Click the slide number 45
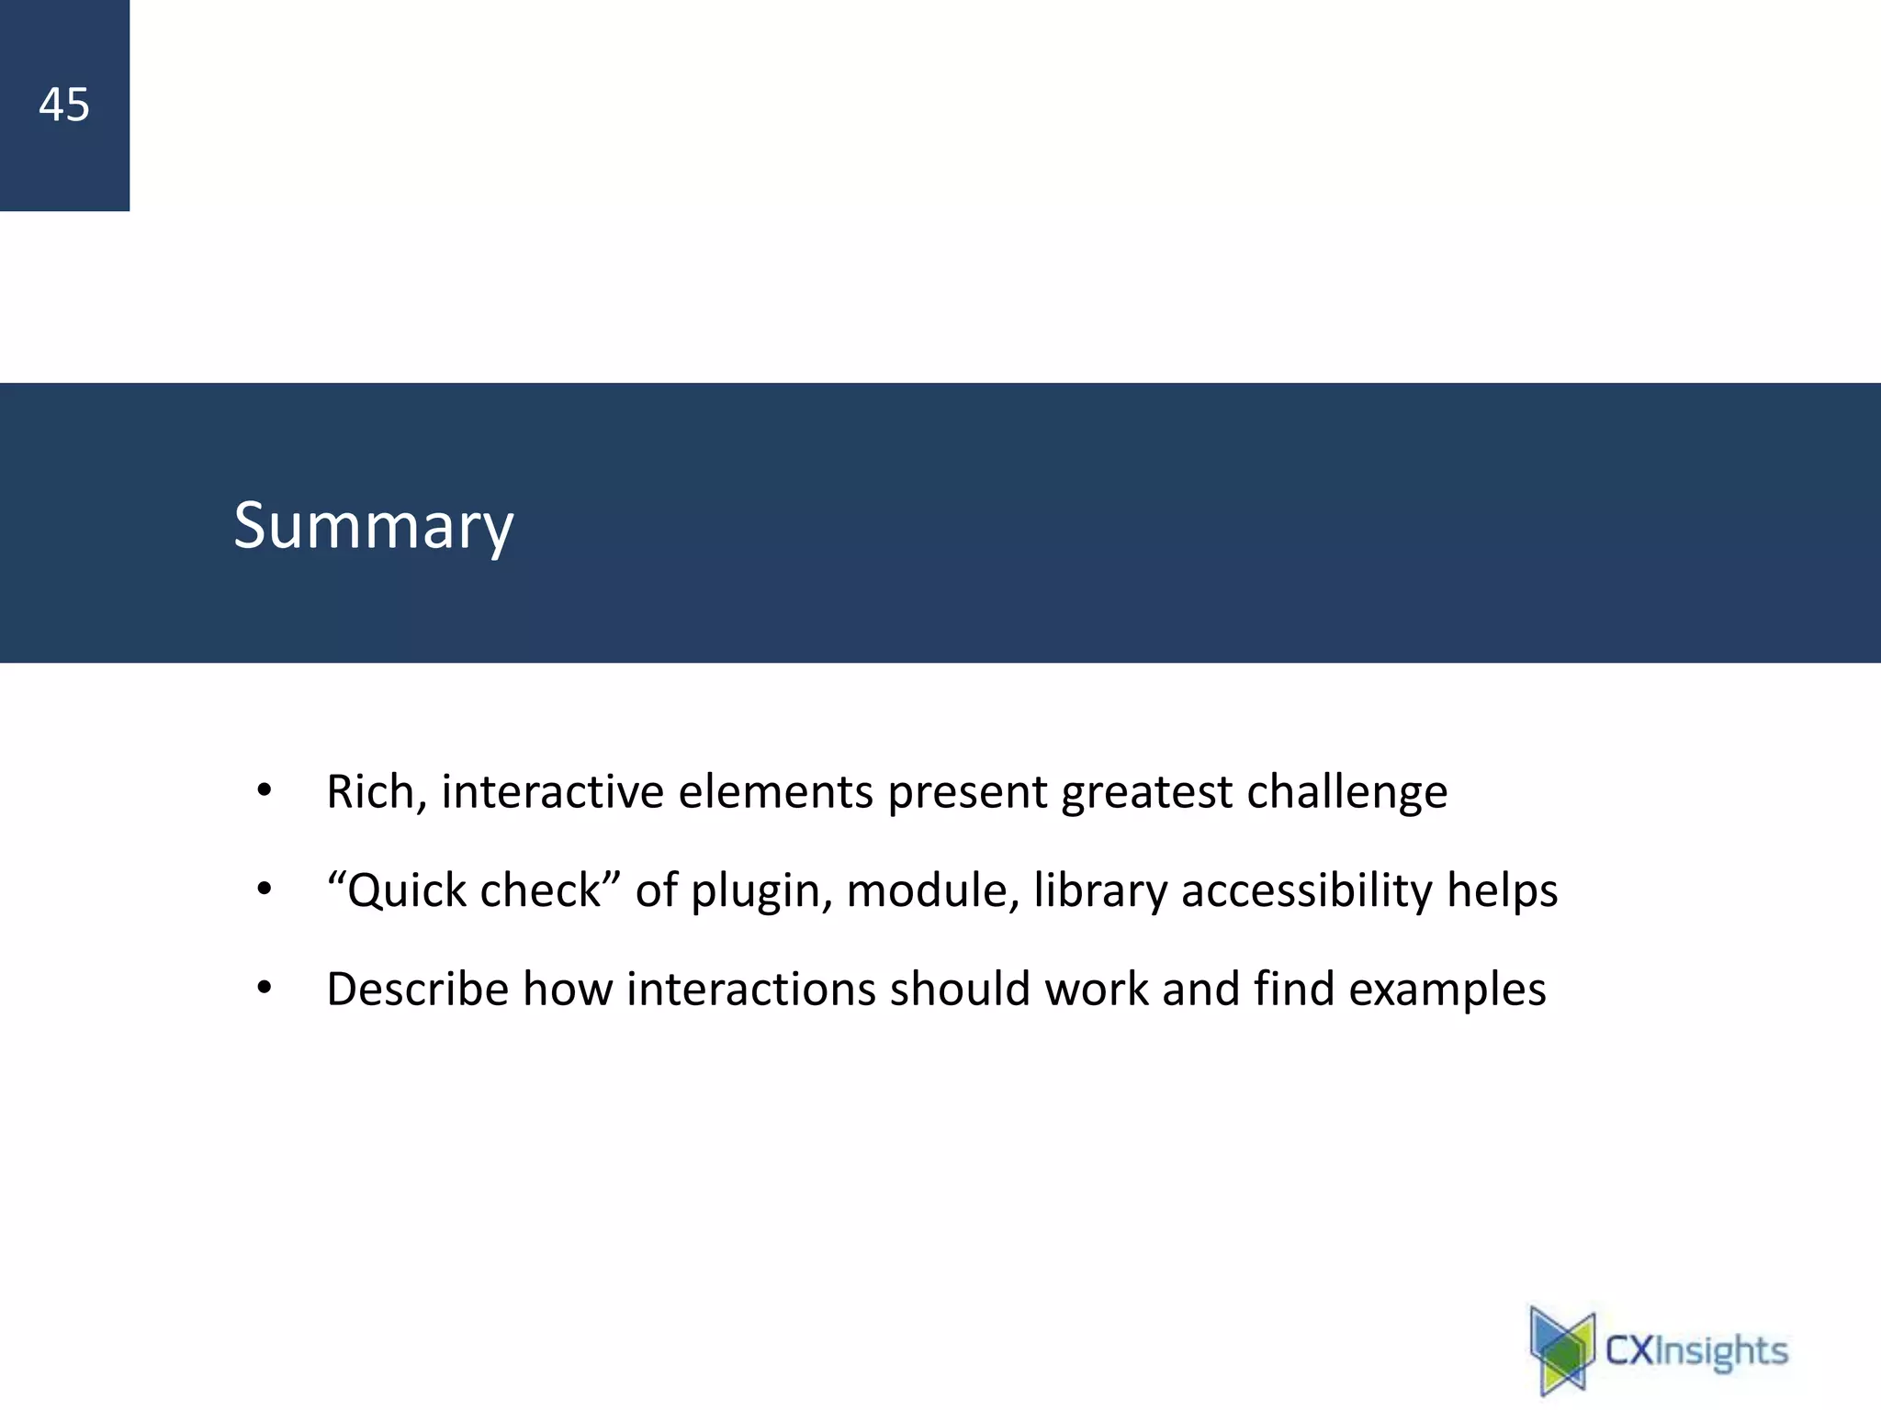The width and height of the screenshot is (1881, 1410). click(x=64, y=105)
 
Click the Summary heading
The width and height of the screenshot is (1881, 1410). click(x=373, y=526)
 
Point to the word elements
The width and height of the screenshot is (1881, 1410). click(x=775, y=791)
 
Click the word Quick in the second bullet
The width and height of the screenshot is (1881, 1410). click(x=406, y=891)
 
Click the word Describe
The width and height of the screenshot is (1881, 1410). click(x=417, y=990)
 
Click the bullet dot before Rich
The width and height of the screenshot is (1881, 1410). click(x=265, y=790)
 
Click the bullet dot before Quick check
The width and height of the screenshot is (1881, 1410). click(x=265, y=890)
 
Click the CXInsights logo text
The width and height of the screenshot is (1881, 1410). click(x=1695, y=1350)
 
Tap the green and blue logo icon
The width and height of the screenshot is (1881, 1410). click(x=1562, y=1350)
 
